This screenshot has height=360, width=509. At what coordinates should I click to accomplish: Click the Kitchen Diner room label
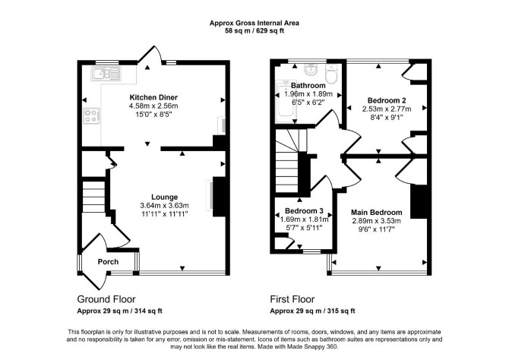point(153,97)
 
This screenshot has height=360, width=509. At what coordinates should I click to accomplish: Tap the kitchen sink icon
point(106,74)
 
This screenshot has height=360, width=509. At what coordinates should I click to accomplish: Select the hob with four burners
point(91,116)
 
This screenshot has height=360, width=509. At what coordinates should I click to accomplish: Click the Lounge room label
point(165,197)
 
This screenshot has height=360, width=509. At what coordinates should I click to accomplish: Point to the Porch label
point(108,261)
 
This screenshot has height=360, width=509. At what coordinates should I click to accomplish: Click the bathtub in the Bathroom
point(286,102)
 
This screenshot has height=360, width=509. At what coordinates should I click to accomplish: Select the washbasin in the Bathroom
point(311,69)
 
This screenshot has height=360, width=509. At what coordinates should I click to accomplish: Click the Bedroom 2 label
point(387,100)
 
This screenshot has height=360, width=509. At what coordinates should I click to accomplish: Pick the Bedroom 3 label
point(304,211)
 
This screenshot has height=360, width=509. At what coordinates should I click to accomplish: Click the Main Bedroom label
point(377,213)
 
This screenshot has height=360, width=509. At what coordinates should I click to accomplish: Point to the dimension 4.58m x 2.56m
point(153,106)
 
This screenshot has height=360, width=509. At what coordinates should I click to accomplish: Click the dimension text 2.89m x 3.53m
point(377,221)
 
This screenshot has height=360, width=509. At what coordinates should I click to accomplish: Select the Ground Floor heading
point(106,299)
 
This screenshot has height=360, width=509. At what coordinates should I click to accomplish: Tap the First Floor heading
point(292,299)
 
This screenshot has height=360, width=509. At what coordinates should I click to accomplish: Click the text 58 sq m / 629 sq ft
point(254,31)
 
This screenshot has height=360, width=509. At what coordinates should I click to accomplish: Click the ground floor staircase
point(93,197)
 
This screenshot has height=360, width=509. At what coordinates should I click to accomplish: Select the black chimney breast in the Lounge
point(219,197)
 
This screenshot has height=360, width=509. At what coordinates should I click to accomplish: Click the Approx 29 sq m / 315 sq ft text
point(312,311)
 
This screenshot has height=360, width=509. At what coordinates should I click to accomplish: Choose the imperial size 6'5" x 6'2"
point(308,103)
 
